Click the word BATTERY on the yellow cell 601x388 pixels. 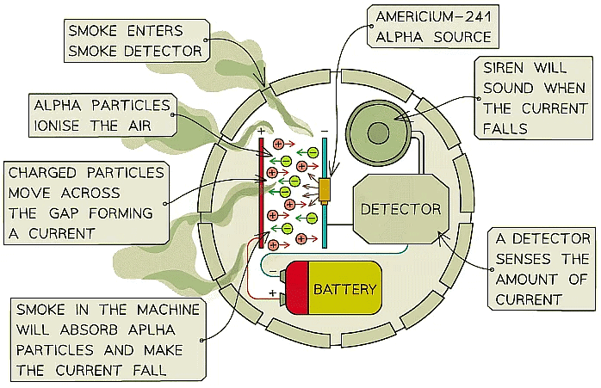(344, 289)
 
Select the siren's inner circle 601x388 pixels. (378, 132)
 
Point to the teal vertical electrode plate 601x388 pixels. (325, 189)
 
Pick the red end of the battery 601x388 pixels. (296, 289)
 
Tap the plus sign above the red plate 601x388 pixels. (261, 131)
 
